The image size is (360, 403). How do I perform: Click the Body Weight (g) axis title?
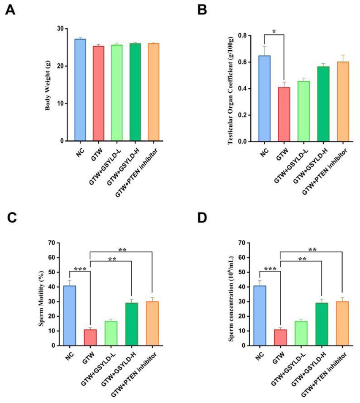coord(48,84)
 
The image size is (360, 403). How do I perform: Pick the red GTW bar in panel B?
coord(284,114)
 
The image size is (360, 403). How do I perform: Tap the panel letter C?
coord(11,218)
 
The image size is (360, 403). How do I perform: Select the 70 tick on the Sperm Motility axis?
coord(53,243)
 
